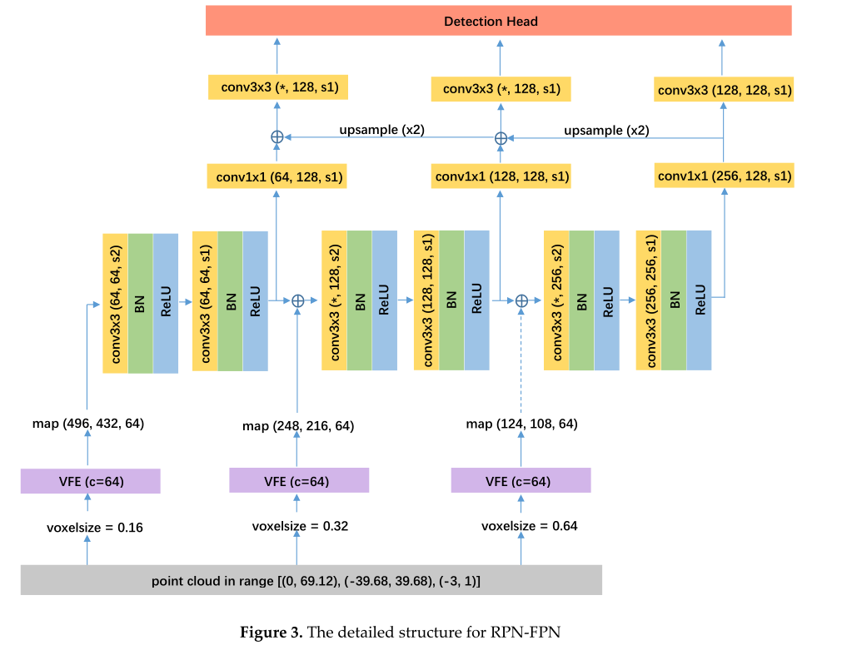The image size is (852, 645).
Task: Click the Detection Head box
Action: pyautogui.click(x=498, y=21)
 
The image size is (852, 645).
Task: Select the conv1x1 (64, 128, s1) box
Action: pyautogui.click(x=277, y=177)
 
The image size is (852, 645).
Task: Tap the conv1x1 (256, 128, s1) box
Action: pyautogui.click(x=724, y=176)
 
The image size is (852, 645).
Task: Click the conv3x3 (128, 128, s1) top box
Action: pyautogui.click(x=724, y=89)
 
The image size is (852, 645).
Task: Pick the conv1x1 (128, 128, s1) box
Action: pyautogui.click(x=501, y=177)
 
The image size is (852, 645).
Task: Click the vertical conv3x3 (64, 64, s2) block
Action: pyautogui.click(x=115, y=303)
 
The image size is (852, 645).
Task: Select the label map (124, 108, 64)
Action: pyautogui.click(x=521, y=424)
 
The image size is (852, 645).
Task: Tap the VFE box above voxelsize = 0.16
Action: pyautogui.click(x=89, y=481)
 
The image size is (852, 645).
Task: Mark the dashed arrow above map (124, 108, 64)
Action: pyautogui.click(x=522, y=362)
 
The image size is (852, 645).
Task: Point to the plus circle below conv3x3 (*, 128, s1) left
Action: pyautogui.click(x=277, y=137)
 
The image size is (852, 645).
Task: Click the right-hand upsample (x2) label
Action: pyautogui.click(x=606, y=131)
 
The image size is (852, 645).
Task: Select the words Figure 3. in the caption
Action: pyautogui.click(x=271, y=632)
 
